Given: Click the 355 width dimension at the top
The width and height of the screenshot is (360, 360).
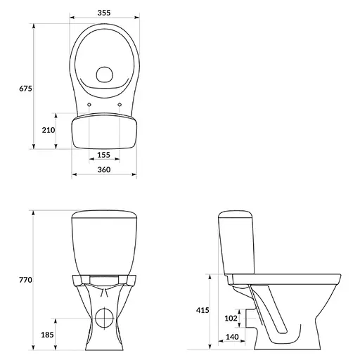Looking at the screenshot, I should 103,13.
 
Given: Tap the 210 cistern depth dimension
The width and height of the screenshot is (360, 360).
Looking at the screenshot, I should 48,131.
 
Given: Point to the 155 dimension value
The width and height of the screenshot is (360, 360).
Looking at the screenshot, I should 103,155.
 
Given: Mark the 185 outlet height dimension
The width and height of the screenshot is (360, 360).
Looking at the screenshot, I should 48,335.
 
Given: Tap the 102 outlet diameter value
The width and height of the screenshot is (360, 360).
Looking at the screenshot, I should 230,319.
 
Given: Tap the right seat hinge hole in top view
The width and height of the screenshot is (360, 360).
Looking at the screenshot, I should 120,106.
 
